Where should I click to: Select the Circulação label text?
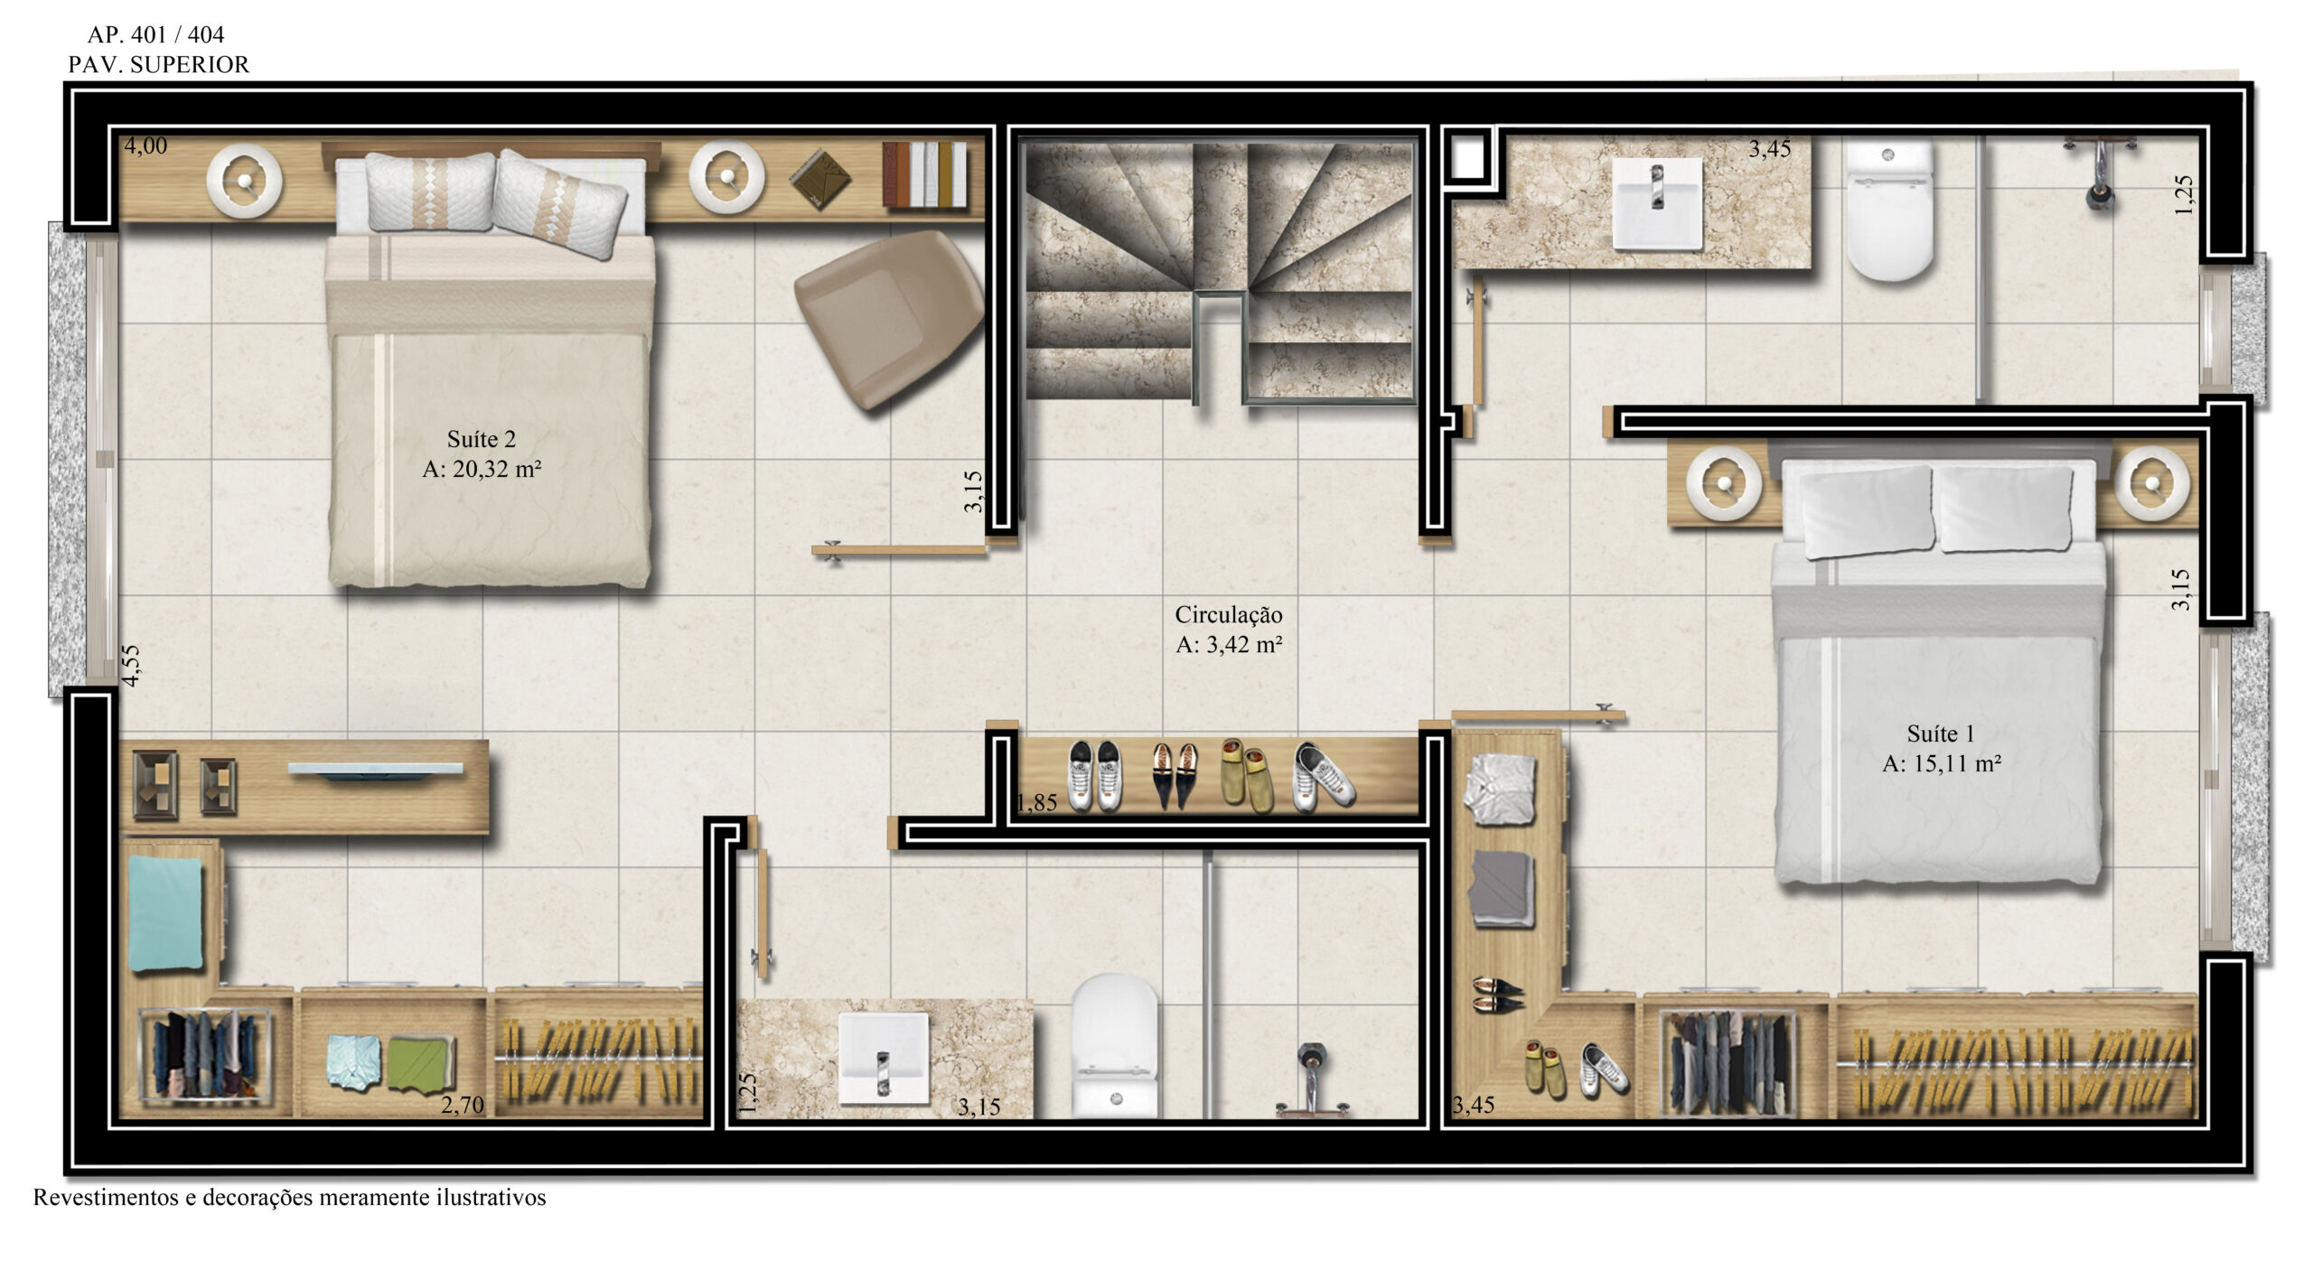[x=1229, y=614]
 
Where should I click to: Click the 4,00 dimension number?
[x=145, y=145]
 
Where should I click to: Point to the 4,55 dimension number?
[x=132, y=666]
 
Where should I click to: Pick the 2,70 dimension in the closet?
[x=463, y=1104]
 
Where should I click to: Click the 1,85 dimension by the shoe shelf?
[x=1036, y=802]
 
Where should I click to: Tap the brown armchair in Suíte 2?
[x=889, y=317]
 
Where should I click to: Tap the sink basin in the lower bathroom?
[x=884, y=1058]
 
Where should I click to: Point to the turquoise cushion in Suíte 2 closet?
[x=165, y=912]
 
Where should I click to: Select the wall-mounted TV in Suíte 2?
[x=375, y=770]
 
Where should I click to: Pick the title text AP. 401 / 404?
[x=155, y=34]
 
